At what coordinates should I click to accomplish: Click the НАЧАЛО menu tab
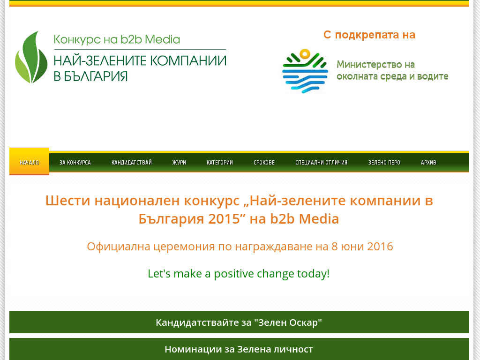(x=30, y=162)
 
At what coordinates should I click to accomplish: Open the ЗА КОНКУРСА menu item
(x=75, y=163)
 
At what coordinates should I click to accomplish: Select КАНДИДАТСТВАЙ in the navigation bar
(x=132, y=163)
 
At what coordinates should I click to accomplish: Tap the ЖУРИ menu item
(x=179, y=163)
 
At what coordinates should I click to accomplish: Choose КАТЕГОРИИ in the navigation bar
(x=220, y=163)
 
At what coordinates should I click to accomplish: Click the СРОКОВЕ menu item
(x=264, y=163)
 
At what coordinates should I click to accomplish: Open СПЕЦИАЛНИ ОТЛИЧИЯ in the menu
(x=322, y=163)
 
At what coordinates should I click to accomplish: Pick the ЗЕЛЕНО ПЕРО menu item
(x=384, y=163)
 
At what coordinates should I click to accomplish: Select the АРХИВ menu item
(x=428, y=163)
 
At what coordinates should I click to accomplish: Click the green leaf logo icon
(x=31, y=57)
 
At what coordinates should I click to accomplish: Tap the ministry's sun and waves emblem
(x=305, y=71)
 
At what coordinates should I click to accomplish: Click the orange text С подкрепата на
(x=369, y=35)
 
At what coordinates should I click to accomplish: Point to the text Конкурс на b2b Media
(x=117, y=39)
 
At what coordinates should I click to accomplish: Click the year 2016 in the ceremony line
(x=380, y=247)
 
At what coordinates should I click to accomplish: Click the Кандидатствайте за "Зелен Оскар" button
(x=239, y=322)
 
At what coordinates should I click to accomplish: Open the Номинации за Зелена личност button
(x=239, y=349)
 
